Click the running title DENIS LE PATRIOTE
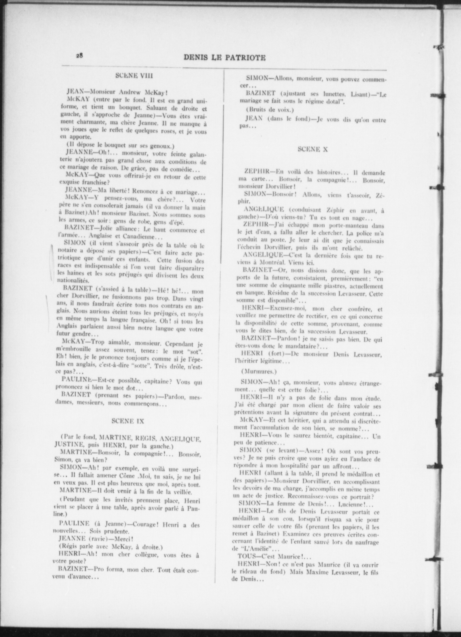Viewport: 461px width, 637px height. pyautogui.click(x=225, y=58)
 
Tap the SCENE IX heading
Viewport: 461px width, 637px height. pyautogui.click(x=128, y=421)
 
